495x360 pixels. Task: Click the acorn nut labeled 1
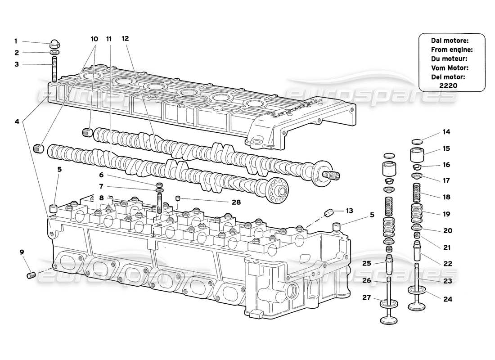[54, 45]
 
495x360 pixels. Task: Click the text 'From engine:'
[451, 49]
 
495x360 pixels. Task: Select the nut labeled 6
[159, 185]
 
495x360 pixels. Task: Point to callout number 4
[17, 121]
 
